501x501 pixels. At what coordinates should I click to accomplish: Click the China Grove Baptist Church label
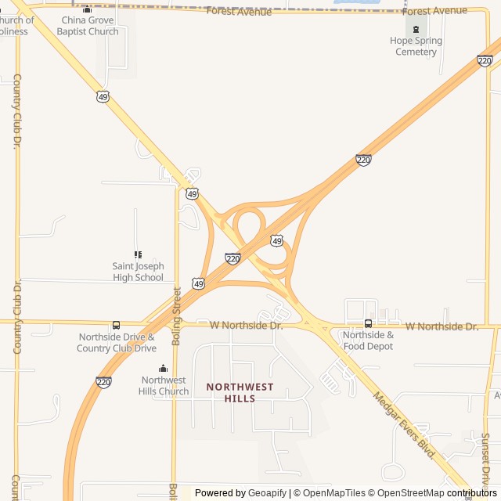(88, 26)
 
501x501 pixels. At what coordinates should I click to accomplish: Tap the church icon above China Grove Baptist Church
(87, 9)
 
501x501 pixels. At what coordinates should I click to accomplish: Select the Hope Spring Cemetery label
(416, 46)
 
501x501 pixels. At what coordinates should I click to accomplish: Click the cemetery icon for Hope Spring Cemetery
(416, 29)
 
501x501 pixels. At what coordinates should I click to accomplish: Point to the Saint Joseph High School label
(138, 272)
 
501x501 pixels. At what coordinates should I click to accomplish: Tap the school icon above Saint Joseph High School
(138, 254)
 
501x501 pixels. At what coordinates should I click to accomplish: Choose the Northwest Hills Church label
(164, 386)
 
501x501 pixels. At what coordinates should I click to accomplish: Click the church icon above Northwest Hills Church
(164, 369)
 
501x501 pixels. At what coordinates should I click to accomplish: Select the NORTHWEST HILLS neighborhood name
(240, 393)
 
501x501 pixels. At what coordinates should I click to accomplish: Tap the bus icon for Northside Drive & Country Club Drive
(117, 326)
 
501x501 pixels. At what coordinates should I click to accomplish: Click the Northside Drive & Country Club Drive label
(117, 343)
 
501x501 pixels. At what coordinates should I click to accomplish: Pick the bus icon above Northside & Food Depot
(368, 323)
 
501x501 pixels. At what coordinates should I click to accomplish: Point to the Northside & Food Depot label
(368, 341)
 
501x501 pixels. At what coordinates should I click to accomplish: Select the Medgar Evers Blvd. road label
(404, 425)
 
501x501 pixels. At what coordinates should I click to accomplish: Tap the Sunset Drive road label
(485, 458)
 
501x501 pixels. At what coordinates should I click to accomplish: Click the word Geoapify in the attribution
(268, 493)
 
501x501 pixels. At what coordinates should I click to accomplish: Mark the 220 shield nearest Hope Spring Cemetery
(485, 61)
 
